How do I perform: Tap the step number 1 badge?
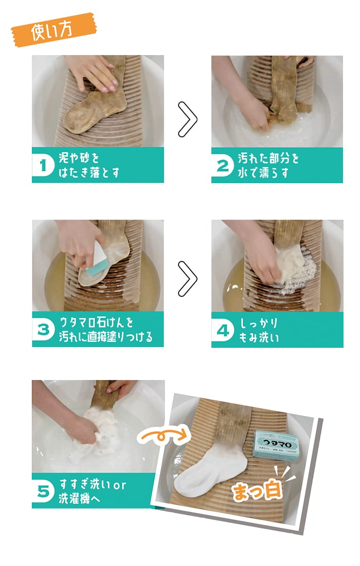pyautogui.click(x=44, y=165)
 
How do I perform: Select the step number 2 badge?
pyautogui.click(x=223, y=165)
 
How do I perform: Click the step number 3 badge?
pyautogui.click(x=44, y=330)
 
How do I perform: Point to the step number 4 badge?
pyautogui.click(x=223, y=330)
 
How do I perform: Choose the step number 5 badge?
pyautogui.click(x=44, y=491)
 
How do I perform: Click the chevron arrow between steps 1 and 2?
pyautogui.click(x=188, y=119)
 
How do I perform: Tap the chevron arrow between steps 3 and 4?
pyautogui.click(x=188, y=279)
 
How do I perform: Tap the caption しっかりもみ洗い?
pyautogui.click(x=259, y=330)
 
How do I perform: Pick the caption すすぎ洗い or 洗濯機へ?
pyautogui.click(x=93, y=491)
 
